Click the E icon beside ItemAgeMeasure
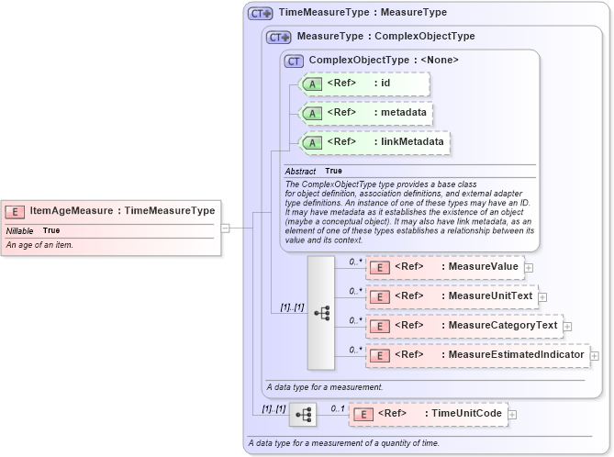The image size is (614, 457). (17, 210)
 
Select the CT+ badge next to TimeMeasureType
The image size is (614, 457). (260, 14)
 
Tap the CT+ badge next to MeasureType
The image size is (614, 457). (278, 38)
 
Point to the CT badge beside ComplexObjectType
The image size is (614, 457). (295, 61)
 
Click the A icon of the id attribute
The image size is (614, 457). (312, 84)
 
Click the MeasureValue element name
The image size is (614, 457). (479, 267)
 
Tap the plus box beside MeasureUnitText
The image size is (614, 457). (542, 296)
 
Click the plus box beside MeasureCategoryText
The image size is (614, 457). (566, 325)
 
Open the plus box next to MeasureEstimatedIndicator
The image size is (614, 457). (594, 354)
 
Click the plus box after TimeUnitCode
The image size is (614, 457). (512, 414)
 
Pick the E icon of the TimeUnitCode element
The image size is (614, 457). (363, 414)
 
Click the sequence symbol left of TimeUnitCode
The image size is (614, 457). (302, 416)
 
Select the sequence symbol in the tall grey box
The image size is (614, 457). (321, 312)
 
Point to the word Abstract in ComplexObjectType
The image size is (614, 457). (300, 172)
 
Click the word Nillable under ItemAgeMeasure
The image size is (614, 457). (20, 230)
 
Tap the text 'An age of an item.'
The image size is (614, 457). (40, 245)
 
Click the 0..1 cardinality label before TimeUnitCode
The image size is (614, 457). (337, 407)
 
